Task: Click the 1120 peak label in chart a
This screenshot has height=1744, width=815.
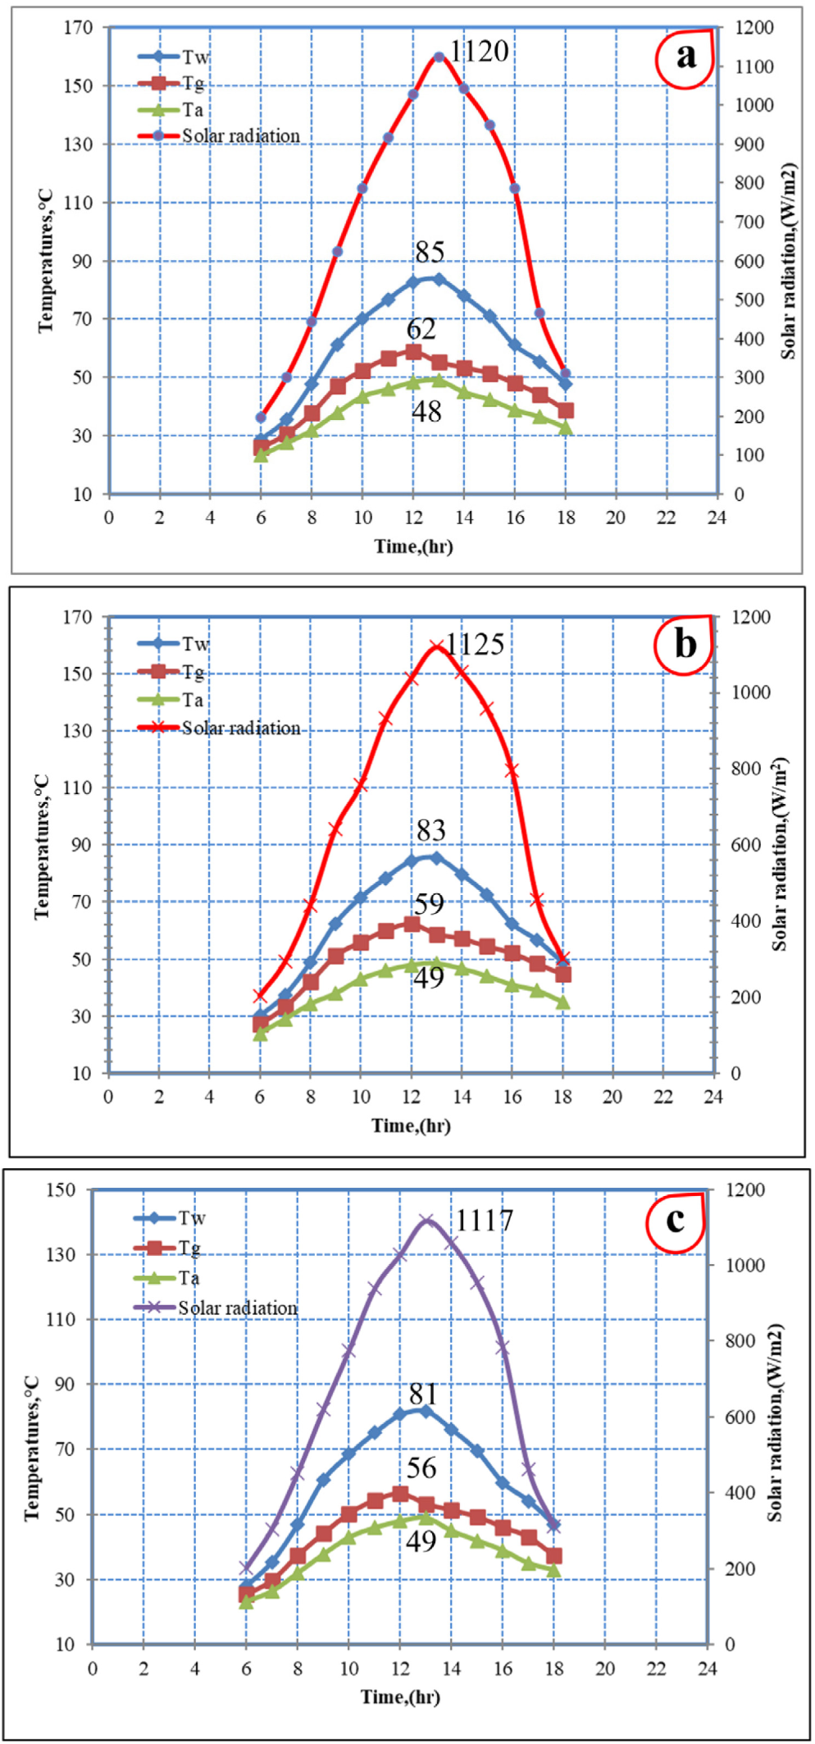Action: coord(480,52)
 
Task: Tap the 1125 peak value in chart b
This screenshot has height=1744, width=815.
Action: coord(475,645)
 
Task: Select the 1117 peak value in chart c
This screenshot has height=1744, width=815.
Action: coord(484,1221)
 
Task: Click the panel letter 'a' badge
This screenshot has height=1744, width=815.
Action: coord(685,57)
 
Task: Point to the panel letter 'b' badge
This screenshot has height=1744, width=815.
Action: coord(685,644)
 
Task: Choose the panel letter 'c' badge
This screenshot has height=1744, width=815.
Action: coord(676,1220)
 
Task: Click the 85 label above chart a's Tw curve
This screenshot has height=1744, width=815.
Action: coord(430,252)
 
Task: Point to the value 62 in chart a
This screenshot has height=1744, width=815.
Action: coord(421,329)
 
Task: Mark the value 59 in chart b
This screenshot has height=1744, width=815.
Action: coord(429,904)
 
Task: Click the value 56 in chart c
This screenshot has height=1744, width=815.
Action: coord(421,1468)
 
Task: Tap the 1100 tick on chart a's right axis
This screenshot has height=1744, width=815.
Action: coord(754,66)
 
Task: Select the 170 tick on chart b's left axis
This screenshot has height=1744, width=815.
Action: coord(78,617)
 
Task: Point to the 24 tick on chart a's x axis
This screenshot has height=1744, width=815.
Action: coord(717,518)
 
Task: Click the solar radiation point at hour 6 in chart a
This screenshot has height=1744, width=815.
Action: coord(261,418)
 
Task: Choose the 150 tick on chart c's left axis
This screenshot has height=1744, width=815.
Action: coord(61,1189)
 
